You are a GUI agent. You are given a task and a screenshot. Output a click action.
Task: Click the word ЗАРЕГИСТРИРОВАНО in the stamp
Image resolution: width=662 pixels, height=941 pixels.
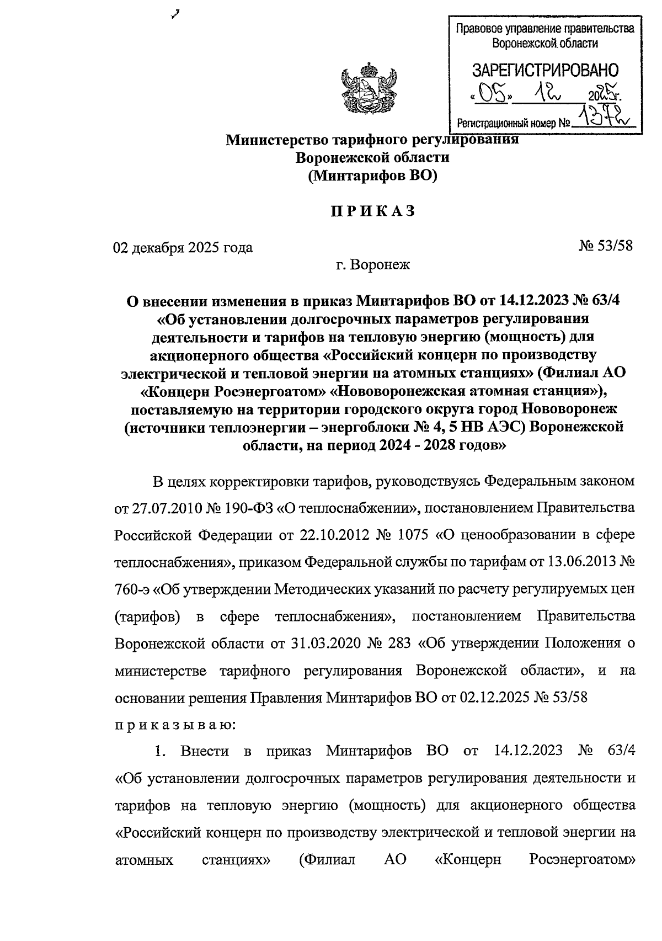click(545, 70)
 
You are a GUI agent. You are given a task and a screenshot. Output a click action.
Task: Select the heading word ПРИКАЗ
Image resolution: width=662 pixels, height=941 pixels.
click(372, 211)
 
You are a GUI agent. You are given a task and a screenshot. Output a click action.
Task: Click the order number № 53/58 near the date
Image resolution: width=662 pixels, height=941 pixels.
click(606, 246)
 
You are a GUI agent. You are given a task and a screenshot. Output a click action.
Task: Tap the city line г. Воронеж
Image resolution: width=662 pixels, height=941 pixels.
click(373, 264)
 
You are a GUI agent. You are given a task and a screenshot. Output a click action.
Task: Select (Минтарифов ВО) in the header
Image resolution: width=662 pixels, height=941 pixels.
click(372, 176)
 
